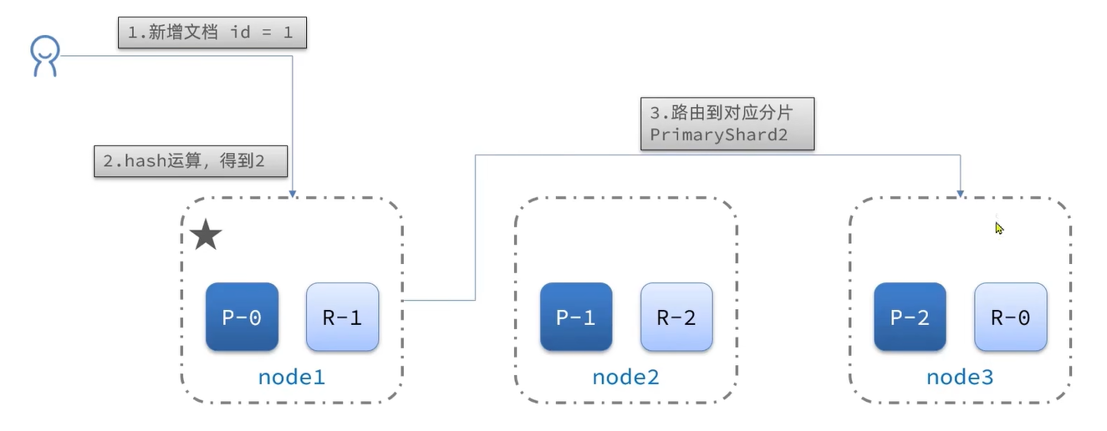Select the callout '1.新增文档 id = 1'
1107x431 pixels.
[x=212, y=33]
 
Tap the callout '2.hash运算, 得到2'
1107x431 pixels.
[x=191, y=161]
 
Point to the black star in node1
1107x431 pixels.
[x=206, y=236]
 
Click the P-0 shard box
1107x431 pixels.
[x=242, y=317]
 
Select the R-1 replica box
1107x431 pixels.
[x=342, y=317]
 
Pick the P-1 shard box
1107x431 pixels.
[x=576, y=317]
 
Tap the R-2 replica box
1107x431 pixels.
[x=676, y=317]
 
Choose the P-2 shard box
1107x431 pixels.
[x=910, y=317]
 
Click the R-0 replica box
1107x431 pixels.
[x=1010, y=317]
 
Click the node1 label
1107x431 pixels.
[x=291, y=378]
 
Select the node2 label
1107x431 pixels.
[x=625, y=378]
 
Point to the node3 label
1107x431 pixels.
[x=960, y=378]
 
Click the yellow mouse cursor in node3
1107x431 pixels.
[x=999, y=227]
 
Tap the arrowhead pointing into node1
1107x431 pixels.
[x=293, y=194]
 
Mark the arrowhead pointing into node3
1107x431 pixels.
[x=960, y=194]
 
